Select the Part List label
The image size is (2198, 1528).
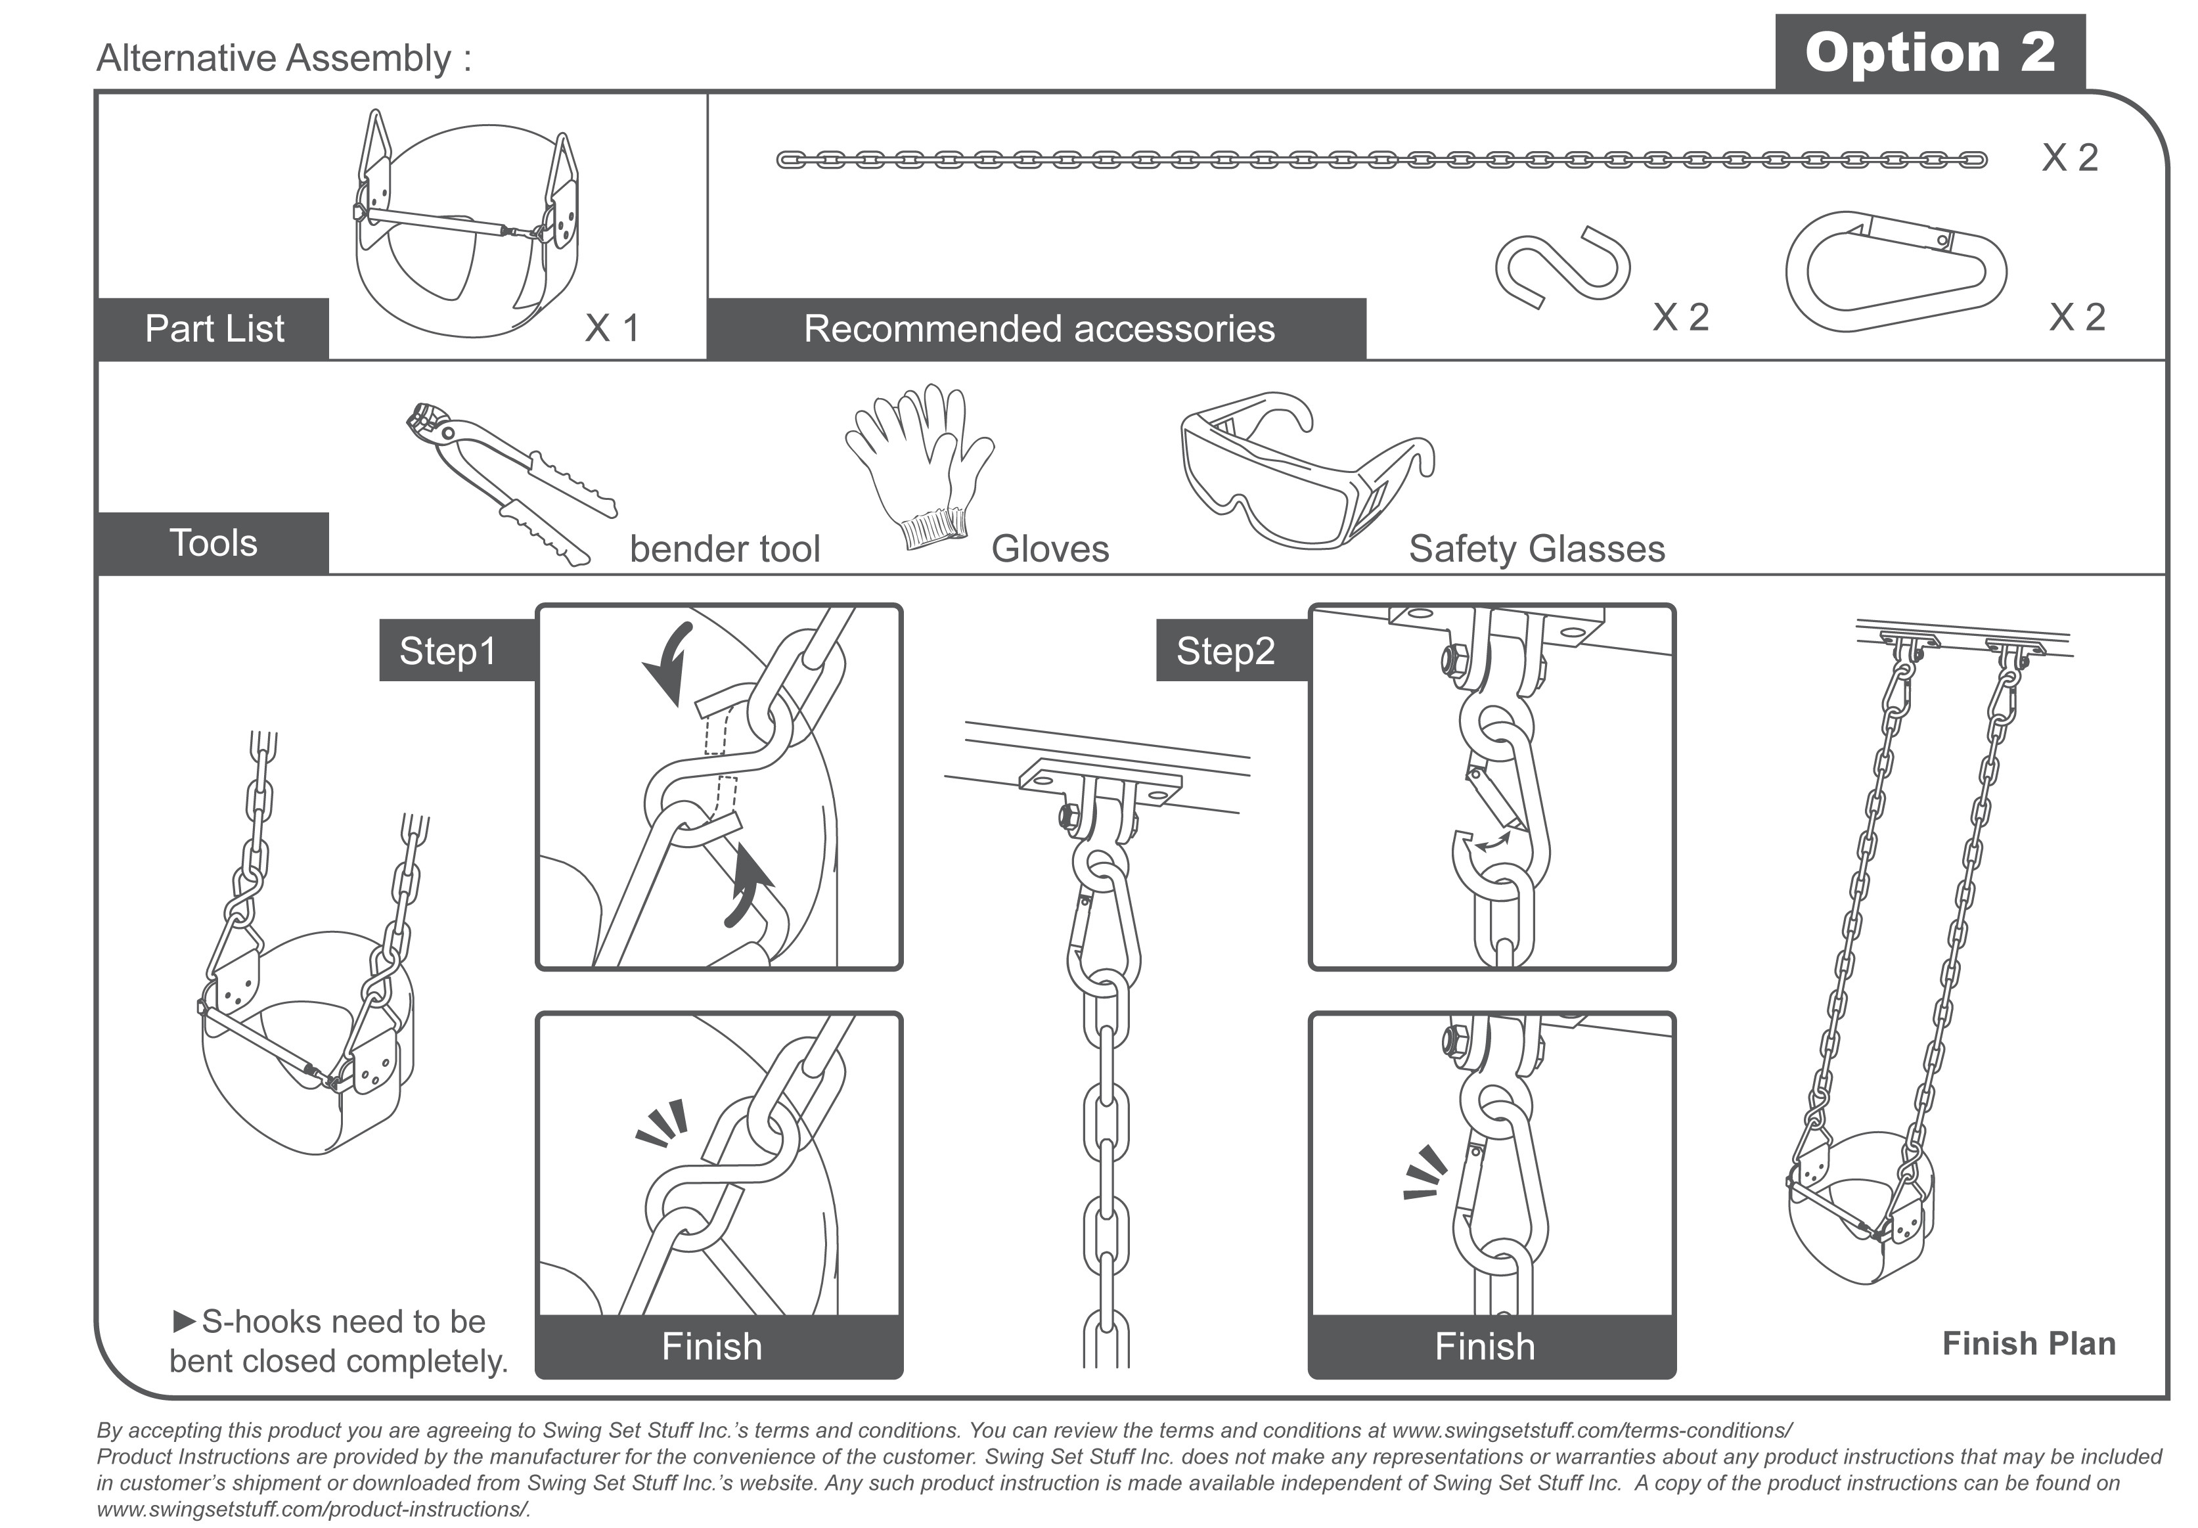213,329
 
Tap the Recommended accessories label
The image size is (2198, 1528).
1038,329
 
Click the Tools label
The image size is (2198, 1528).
213,543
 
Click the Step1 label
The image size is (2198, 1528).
448,651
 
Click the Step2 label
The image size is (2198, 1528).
1225,651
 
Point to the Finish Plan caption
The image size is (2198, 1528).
2029,1343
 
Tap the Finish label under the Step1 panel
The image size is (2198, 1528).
711,1346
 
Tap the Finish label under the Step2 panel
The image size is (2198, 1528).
1485,1346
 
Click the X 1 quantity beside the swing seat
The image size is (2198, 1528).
611,328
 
